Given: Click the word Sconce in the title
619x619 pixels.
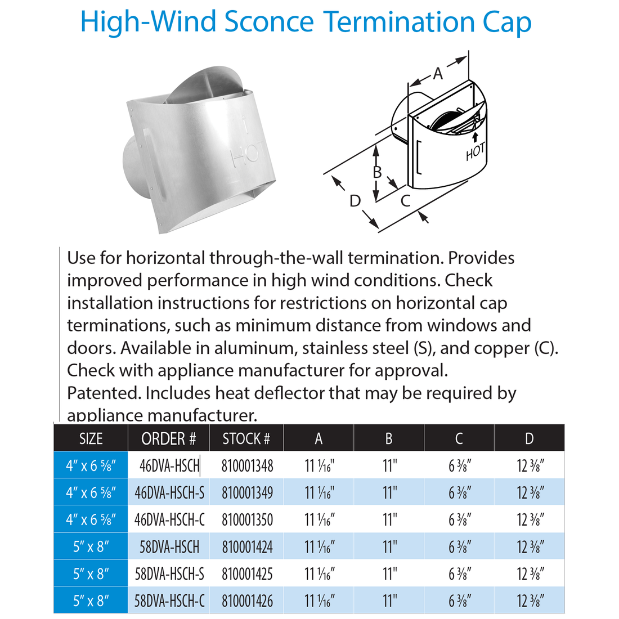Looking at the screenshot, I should [x=269, y=23].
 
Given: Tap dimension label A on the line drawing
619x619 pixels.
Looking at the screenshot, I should [x=438, y=73].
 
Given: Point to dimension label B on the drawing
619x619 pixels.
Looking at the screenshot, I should [x=378, y=172].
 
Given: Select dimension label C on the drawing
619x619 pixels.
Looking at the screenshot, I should [x=405, y=200].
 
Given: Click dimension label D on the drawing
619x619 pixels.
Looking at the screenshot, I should [x=355, y=201].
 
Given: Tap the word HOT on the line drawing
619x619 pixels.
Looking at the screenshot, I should [x=475, y=151].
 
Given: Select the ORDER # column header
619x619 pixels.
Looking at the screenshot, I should [x=168, y=439].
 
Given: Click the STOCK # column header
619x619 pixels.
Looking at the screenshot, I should [x=246, y=439].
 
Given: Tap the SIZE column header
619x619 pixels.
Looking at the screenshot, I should [x=91, y=439].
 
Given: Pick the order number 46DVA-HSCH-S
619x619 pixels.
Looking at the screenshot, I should [x=169, y=493].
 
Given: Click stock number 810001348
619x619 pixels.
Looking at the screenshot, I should [x=247, y=466].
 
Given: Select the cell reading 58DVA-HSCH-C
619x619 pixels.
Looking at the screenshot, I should [x=169, y=601].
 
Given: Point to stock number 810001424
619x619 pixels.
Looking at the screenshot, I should [x=247, y=547].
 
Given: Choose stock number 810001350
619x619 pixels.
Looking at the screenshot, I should [x=247, y=520].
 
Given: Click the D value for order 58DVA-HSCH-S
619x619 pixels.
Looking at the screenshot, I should [x=530, y=574].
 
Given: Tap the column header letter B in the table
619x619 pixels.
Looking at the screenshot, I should [x=389, y=439].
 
